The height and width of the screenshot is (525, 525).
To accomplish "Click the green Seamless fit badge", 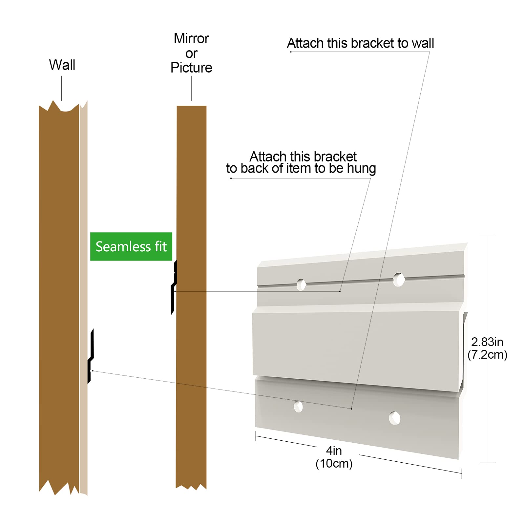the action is click(131, 246).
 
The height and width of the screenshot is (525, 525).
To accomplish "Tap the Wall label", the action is click(62, 65).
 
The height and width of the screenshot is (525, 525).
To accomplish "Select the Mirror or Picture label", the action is click(191, 53).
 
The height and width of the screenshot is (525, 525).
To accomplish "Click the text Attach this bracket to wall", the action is click(360, 43).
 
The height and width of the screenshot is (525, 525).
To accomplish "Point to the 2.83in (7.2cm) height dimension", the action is click(487, 348).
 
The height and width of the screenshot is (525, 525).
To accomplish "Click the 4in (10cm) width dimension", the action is click(334, 457).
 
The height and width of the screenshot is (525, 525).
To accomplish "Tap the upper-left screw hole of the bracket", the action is click(301, 284).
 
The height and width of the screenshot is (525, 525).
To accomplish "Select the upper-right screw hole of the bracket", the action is click(399, 280).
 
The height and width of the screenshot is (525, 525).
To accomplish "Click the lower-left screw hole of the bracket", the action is click(298, 406).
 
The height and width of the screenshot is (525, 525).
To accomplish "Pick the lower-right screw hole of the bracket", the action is click(394, 418).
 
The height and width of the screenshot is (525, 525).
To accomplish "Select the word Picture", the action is click(191, 68).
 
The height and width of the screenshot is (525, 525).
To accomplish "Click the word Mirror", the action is click(191, 38).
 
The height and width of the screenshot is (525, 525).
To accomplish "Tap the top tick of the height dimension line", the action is click(488, 236).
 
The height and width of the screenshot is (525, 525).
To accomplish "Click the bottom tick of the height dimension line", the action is click(488, 462).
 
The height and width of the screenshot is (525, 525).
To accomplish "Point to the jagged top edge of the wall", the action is click(59, 107).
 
